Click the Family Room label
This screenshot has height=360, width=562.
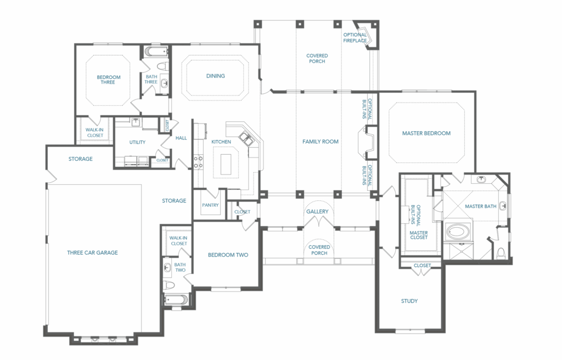point(321,142)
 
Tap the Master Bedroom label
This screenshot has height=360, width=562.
point(426,133)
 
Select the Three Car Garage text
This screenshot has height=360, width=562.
point(92,252)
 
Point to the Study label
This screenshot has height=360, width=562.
point(409,301)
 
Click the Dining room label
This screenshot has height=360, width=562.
point(215,76)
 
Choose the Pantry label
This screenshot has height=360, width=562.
point(210,205)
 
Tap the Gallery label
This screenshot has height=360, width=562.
point(317,211)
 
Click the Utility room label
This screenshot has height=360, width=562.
point(137,142)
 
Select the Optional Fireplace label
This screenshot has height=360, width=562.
point(355,38)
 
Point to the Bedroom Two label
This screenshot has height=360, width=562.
point(228,255)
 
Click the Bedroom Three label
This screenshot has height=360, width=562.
point(108,80)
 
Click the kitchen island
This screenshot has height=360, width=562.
point(226,164)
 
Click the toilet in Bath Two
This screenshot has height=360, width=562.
point(169,285)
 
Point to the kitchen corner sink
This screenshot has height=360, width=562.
point(246,138)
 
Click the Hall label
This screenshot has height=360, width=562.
point(181,138)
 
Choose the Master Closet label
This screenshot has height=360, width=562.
point(419,235)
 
